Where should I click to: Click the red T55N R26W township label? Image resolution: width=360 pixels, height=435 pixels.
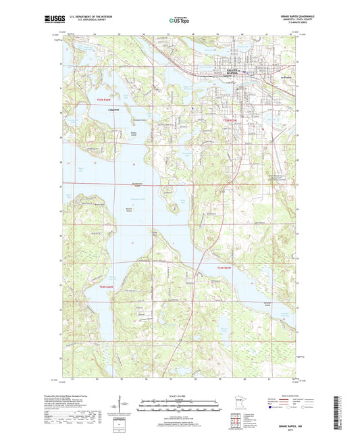105,100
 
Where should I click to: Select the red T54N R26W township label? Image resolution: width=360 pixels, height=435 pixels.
109,288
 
